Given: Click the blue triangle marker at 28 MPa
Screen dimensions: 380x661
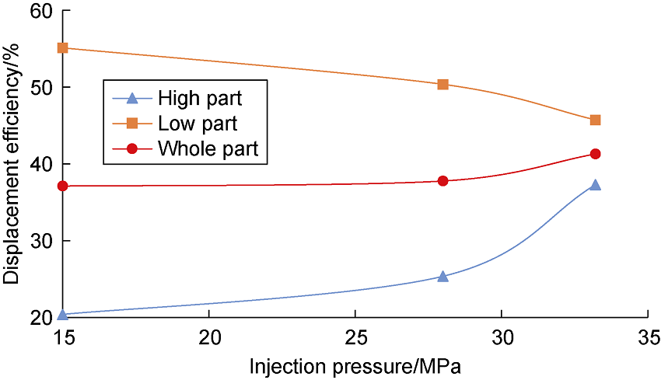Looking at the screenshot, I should [x=442, y=276].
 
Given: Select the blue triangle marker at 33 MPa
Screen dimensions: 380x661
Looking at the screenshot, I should [x=595, y=185].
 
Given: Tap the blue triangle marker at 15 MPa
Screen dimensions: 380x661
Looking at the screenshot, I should [x=63, y=315].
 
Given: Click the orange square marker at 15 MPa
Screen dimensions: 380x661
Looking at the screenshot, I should [x=63, y=48].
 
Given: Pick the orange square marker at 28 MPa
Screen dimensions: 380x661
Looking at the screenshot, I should [x=442, y=84].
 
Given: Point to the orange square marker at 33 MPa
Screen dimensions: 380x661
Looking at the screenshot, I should [x=595, y=120].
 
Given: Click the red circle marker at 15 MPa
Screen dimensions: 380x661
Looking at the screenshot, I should [x=63, y=187].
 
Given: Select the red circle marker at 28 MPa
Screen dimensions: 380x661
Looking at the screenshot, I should [x=442, y=181].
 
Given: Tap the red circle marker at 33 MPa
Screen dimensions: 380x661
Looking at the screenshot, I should [x=595, y=154].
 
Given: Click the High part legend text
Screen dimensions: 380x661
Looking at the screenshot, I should [x=199, y=99].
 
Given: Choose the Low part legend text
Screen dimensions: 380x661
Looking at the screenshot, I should [x=198, y=124].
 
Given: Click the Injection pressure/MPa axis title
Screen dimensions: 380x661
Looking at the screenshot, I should [x=355, y=365].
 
